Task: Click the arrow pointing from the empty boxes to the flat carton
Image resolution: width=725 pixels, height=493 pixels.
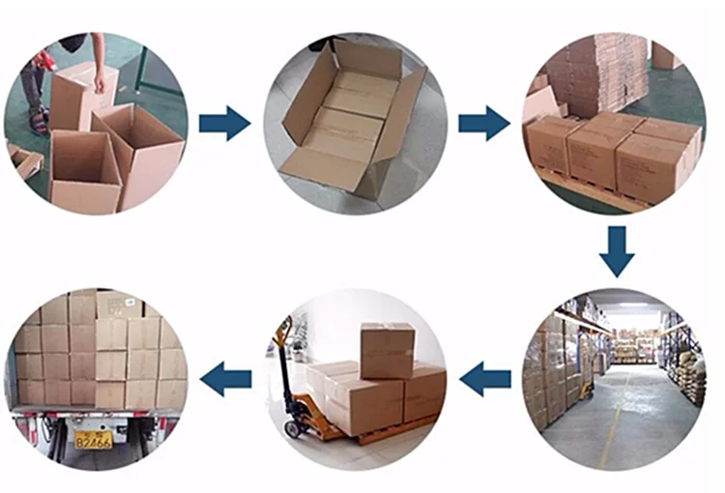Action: (224, 123)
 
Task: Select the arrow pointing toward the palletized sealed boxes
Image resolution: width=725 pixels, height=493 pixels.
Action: (483, 123)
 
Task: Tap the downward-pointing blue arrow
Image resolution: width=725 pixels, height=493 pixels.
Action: (617, 250)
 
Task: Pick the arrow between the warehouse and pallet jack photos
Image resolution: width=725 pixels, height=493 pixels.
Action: (485, 379)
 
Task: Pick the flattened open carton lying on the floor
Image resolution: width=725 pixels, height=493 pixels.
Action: (354, 121)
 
